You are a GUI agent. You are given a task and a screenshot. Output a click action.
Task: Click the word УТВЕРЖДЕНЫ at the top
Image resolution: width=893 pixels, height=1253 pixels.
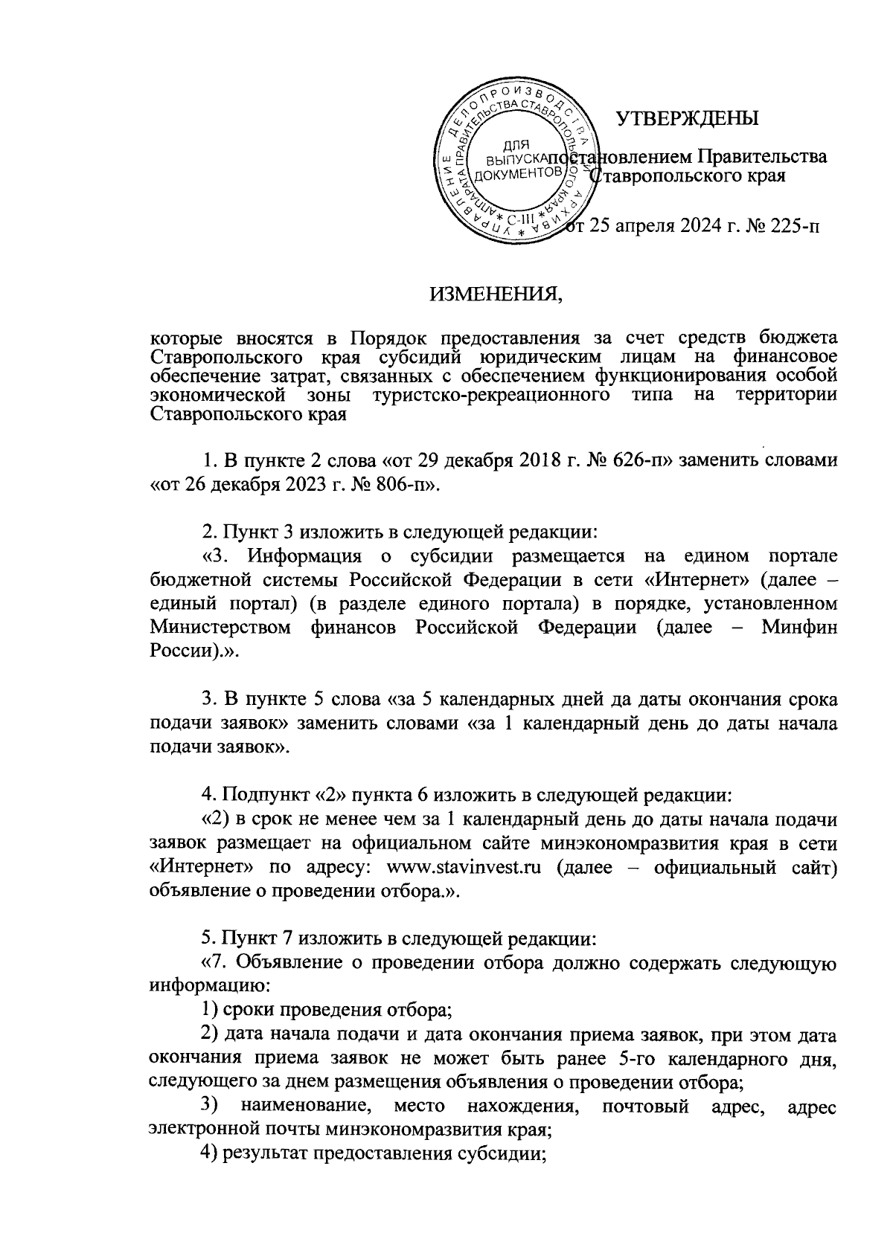pyautogui.click(x=688, y=118)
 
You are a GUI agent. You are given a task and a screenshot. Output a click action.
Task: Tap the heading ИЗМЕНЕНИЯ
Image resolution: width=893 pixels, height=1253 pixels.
pyautogui.click(x=494, y=296)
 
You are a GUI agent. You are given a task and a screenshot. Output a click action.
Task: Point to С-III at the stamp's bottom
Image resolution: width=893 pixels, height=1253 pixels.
pyautogui.click(x=519, y=221)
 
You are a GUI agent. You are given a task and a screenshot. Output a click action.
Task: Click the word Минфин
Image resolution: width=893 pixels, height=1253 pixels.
pyautogui.click(x=799, y=627)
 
